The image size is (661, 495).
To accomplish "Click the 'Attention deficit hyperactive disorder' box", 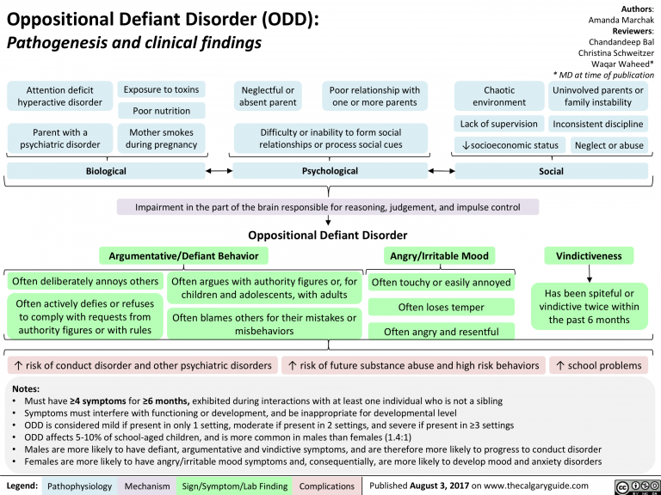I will click(59, 96).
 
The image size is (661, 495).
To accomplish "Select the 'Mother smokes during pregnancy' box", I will click(161, 138).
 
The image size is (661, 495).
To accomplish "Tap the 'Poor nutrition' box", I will click(161, 110).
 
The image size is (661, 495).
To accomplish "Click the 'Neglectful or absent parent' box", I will click(268, 96).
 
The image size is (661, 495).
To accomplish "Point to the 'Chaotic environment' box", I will click(499, 96).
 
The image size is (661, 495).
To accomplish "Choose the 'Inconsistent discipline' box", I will click(598, 124).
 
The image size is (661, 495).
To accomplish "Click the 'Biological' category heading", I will click(105, 171).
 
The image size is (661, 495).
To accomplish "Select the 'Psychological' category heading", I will click(330, 171).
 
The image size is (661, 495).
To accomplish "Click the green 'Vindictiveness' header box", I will click(588, 255).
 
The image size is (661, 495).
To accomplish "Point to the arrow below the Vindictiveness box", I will click(588, 273).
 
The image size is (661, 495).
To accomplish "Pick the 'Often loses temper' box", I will click(440, 307).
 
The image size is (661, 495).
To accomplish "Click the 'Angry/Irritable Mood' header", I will click(439, 255).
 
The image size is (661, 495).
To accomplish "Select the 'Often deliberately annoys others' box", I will click(84, 281).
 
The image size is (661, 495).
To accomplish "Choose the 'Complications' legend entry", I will click(326, 486).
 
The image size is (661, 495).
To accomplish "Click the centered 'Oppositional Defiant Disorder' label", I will click(327, 235).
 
